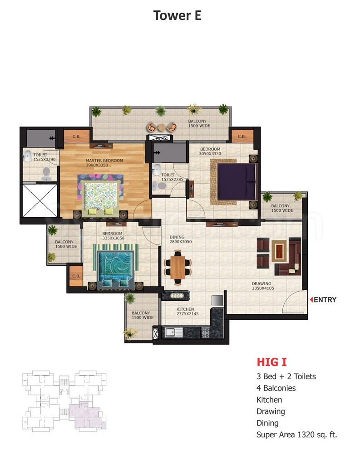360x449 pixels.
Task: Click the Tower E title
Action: click(177, 15)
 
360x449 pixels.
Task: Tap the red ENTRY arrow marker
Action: click(311, 299)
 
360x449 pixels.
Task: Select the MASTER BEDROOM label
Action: click(104, 161)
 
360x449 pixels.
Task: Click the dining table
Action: click(178, 267)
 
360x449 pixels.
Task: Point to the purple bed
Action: click(237, 181)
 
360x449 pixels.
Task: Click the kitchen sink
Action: click(174, 332)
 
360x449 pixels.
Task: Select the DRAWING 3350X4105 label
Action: click(262, 286)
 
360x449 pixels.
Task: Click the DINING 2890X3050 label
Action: click(180, 239)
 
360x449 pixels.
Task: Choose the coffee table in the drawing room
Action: click(279, 250)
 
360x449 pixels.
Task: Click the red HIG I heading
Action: click(271, 362)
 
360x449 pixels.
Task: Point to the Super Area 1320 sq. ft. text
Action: click(296, 434)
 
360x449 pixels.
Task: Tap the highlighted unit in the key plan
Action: click(87, 415)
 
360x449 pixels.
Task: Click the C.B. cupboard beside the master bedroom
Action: click(76, 137)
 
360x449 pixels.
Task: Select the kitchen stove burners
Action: click(205, 332)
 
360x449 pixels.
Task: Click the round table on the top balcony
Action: click(162, 127)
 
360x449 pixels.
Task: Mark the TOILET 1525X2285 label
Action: click(172, 177)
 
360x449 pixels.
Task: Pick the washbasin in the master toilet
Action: click(28, 156)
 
